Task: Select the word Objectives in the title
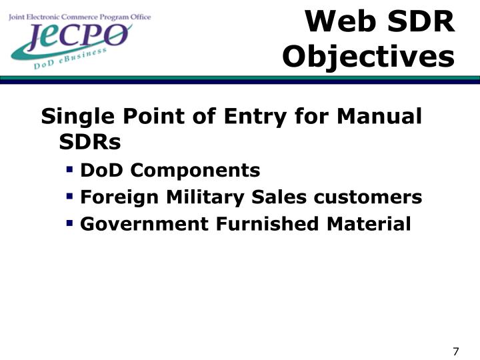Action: (368, 56)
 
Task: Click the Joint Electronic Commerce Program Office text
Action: (79, 17)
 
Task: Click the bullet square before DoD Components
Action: (69, 170)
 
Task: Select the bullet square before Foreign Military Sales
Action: (69, 197)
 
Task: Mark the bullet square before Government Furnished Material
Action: (69, 223)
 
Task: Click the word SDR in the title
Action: (421, 23)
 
